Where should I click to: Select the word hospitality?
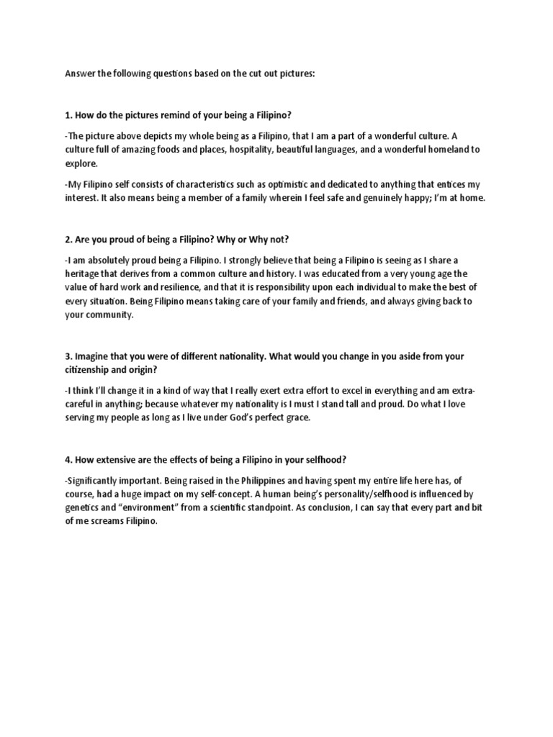[x=251, y=150]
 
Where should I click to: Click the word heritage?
[x=85, y=273]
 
